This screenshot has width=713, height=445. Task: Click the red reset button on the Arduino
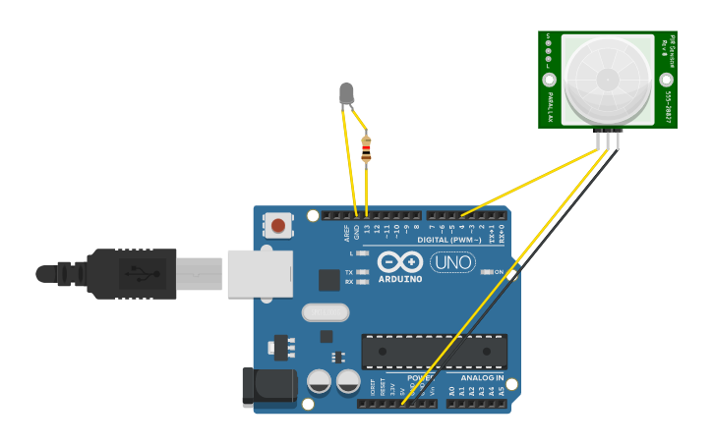278,226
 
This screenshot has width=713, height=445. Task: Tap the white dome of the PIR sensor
607,79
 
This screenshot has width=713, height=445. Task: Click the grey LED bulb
346,93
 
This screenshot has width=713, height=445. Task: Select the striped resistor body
366,149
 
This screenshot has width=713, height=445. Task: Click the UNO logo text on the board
452,263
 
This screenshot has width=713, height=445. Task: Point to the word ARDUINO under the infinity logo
400,279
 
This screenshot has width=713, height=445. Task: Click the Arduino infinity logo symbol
400,261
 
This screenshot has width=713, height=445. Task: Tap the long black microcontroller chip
434,352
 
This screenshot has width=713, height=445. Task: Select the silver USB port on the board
260,272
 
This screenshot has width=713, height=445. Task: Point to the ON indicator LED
486,272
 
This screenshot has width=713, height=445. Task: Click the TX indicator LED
362,272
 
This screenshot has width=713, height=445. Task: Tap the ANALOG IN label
482,378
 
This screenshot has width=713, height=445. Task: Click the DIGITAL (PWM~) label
449,240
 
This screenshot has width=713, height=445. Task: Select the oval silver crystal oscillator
326,312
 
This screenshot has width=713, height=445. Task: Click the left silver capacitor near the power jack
319,381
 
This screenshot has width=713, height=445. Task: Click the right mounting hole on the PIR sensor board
665,80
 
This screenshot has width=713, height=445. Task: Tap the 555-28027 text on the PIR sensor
668,108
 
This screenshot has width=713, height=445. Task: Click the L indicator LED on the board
362,253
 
